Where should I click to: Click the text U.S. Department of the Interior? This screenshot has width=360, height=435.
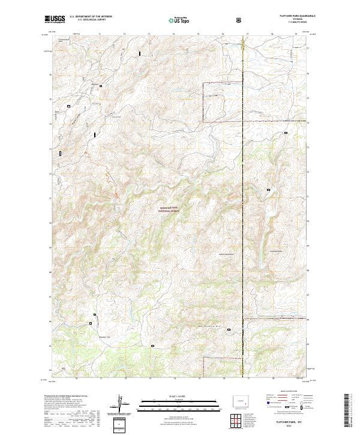91,17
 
